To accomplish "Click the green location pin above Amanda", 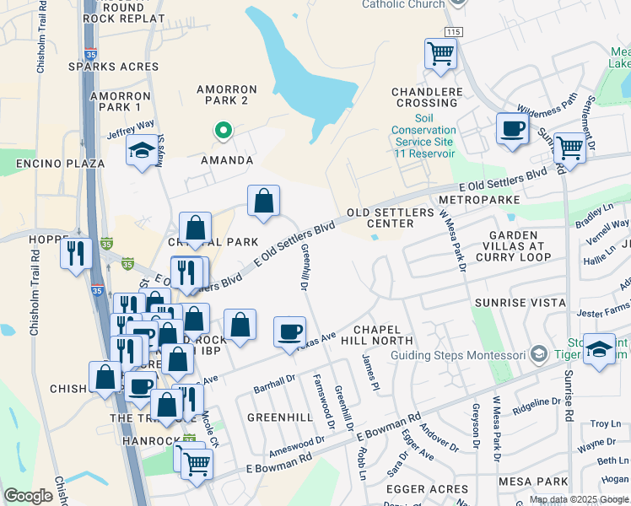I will [x=224, y=131].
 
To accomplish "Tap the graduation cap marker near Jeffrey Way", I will [x=140, y=152].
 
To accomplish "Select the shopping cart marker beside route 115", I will [x=440, y=55].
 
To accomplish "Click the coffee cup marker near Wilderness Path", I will [x=512, y=130].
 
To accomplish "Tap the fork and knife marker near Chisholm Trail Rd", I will [x=77, y=252].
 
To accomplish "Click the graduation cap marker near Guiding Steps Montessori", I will [x=599, y=351].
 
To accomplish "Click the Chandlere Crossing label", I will [x=425, y=97].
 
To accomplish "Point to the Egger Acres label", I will [x=426, y=489].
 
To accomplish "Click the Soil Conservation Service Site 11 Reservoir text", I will [x=423, y=136].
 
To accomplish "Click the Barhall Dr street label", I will [x=272, y=385].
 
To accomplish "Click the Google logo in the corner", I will [x=29, y=496].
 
